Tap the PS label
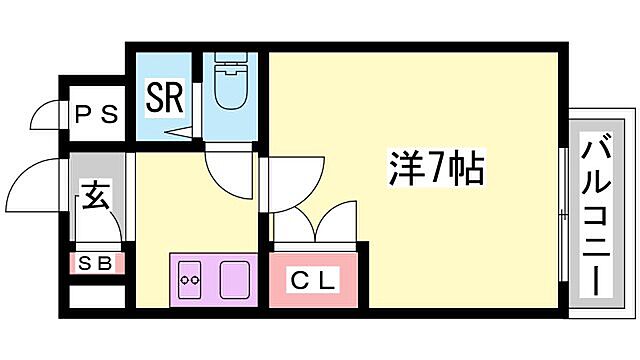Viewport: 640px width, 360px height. click(97, 114)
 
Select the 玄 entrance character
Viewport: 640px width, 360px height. click(95, 196)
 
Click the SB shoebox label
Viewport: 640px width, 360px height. click(96, 264)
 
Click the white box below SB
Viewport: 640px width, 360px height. click(97, 297)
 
